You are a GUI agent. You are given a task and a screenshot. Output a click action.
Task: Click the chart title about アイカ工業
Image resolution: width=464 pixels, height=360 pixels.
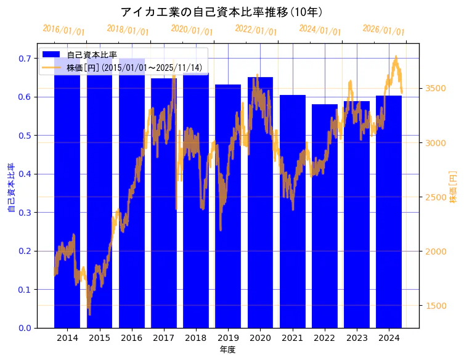222,12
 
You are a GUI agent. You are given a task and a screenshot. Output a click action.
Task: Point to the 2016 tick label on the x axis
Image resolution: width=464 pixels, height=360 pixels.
132,338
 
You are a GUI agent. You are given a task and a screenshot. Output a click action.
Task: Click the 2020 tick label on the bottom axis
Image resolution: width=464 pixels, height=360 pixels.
260,338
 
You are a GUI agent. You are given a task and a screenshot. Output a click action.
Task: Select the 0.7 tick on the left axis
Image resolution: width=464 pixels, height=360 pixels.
25,59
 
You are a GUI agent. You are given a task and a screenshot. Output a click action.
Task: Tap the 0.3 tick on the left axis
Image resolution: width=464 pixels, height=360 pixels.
25,213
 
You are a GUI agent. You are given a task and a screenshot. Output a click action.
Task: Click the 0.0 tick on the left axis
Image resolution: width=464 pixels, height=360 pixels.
25,328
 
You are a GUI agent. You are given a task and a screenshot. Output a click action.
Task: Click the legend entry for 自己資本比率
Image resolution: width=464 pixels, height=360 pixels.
92,55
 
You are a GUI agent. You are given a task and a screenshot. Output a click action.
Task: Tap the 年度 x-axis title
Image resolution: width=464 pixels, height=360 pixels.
227,350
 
